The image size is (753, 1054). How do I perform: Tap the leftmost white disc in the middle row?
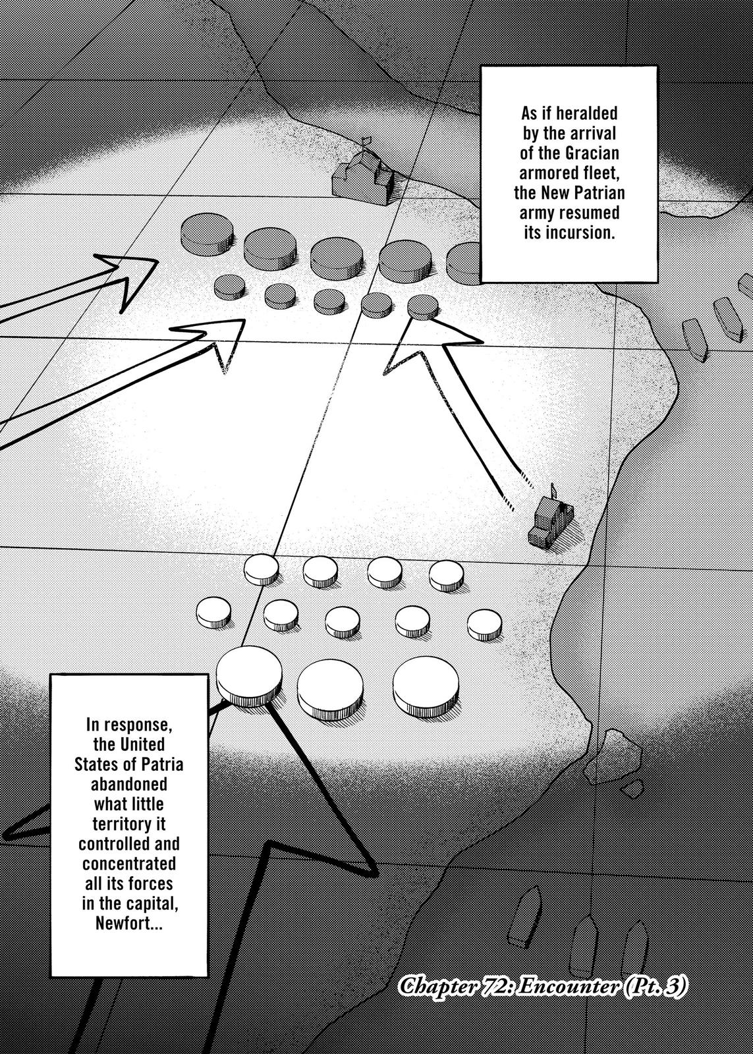coord(213,612)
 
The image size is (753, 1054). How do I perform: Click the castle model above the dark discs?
coord(363,175)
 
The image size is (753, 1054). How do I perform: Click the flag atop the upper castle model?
coord(366,142)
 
